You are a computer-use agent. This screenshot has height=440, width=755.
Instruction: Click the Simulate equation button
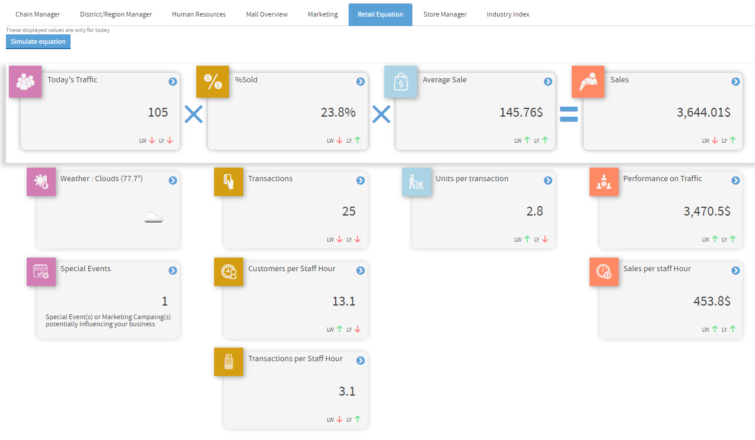[38, 41]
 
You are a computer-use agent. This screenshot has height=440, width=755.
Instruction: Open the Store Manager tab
[445, 14]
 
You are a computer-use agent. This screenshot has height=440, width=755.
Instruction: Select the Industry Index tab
[508, 14]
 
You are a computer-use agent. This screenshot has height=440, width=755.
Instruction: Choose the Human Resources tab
[199, 14]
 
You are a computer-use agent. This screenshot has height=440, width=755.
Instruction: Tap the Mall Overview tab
[267, 14]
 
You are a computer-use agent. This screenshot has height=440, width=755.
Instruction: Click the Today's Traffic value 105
[158, 113]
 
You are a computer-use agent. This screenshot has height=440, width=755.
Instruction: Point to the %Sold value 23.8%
[338, 113]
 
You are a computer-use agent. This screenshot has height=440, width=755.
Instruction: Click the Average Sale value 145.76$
[521, 113]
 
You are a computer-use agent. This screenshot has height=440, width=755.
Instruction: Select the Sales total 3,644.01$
[703, 113]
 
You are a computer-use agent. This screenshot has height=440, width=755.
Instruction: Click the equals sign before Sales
[569, 114]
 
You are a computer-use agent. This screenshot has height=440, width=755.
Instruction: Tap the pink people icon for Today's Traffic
[25, 82]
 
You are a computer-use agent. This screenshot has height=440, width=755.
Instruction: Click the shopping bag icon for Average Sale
[400, 82]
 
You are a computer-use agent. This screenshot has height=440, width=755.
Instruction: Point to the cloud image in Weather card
[153, 218]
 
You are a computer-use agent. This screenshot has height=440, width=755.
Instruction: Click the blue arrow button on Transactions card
[360, 181]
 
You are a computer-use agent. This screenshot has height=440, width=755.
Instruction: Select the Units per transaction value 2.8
[534, 211]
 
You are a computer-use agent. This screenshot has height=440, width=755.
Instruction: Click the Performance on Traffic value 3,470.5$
[707, 211]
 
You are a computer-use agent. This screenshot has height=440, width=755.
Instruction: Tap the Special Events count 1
[165, 301]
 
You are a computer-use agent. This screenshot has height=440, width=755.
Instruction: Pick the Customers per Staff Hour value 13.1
[343, 301]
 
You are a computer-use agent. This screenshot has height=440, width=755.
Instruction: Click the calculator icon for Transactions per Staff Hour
[228, 362]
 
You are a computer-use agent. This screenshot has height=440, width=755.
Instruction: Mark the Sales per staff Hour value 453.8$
[712, 301]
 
